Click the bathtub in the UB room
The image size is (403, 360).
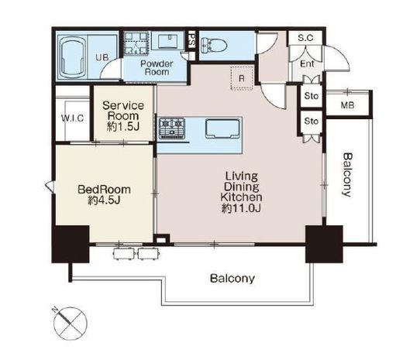click(x=72, y=57)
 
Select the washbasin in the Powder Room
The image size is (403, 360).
click(x=168, y=41)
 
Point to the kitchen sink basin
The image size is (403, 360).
click(x=222, y=129)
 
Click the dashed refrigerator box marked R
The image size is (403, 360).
click(x=242, y=78)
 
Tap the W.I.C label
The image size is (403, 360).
click(x=73, y=118)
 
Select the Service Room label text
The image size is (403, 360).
click(x=123, y=111)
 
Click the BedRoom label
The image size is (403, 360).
click(x=104, y=190)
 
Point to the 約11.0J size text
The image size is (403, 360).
click(x=241, y=208)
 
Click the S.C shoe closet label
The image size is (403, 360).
click(x=305, y=38)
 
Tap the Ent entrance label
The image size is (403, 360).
click(x=307, y=63)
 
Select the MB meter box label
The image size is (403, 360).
click(x=347, y=105)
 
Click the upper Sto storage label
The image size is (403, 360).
click(x=311, y=96)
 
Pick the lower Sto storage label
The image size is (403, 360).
click(x=311, y=121)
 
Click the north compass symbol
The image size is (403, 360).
click(x=70, y=323)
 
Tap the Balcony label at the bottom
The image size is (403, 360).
click(x=232, y=278)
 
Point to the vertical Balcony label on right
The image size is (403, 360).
click(x=348, y=175)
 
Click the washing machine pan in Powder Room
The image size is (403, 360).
click(x=136, y=43)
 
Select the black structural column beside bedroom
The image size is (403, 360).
click(x=71, y=244)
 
